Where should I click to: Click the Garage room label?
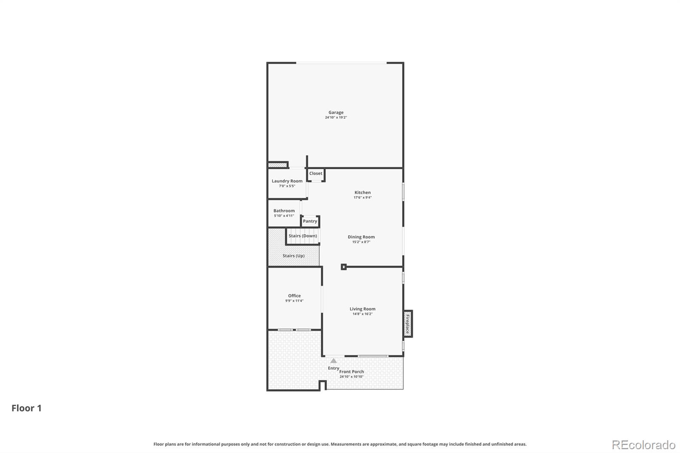336,113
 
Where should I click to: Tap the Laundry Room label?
287,181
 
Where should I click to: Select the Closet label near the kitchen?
316,173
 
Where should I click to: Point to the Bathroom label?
284,211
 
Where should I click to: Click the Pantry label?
310,221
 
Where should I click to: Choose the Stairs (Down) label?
303,236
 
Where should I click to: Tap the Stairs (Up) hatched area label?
293,256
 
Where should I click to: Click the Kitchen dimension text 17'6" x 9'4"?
363,198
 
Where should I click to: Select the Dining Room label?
361,237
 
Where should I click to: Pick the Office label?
294,296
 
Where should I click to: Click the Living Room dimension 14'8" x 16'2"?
362,314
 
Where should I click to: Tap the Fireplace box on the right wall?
408,323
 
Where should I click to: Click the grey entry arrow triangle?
334,361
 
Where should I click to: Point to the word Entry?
333,368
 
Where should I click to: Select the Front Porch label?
352,371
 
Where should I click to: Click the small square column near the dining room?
344,267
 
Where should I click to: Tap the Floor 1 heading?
26,408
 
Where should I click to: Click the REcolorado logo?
643,445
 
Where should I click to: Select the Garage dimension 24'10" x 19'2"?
336,117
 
